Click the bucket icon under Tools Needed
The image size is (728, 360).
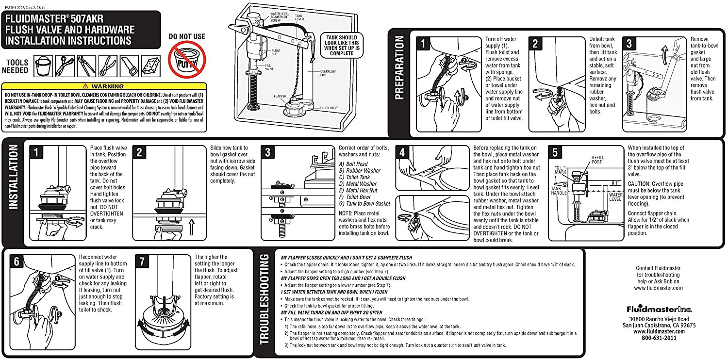pos(43,65)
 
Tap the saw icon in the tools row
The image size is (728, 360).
pos(129,65)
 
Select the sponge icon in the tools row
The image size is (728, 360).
pos(150,65)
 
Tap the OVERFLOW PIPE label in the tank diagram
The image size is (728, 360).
pos(328,72)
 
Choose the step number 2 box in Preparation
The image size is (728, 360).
pos(535,44)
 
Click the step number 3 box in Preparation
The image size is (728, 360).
pos(629,44)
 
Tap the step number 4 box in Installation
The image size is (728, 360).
pos(402,152)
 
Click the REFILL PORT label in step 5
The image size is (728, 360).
pos(598,159)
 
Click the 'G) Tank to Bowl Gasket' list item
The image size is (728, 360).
pos(364,204)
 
